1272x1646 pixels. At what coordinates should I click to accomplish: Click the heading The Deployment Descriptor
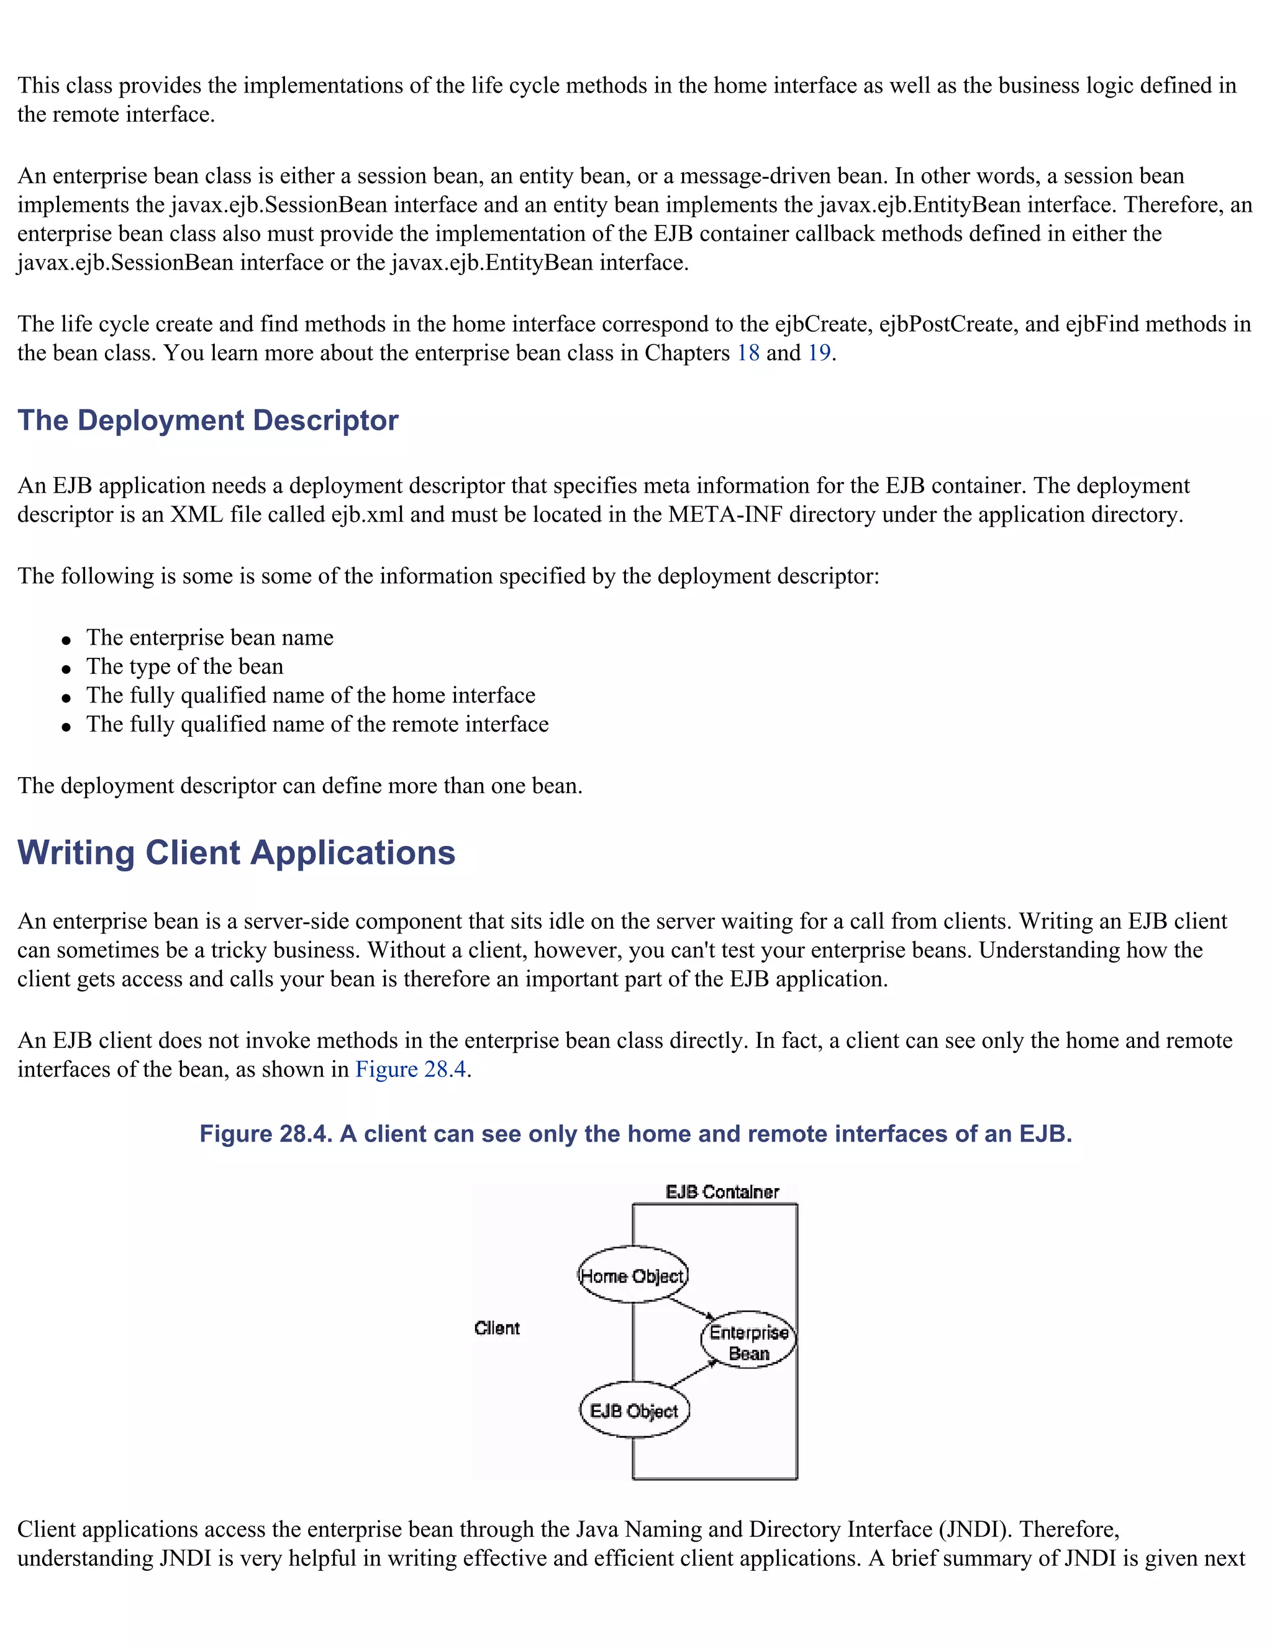point(208,421)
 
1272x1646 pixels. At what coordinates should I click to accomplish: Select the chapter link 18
point(748,353)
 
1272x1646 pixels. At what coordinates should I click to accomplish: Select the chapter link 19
point(819,353)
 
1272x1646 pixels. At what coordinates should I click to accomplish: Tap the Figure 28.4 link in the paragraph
point(411,1070)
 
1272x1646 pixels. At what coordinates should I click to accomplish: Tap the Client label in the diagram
point(497,1329)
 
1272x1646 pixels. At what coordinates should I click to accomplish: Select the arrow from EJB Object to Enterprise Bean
point(693,1374)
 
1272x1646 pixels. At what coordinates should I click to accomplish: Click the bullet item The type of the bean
point(184,667)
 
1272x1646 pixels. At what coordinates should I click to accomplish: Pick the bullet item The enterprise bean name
point(209,639)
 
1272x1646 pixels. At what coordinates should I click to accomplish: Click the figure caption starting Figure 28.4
point(635,1134)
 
